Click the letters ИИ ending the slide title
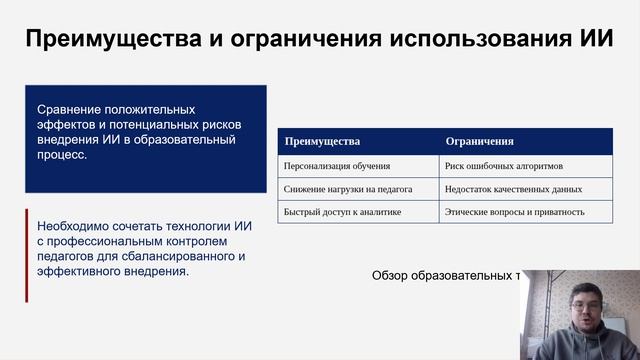pos(597,39)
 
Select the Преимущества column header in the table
pos(322,141)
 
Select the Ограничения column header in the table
pos(479,141)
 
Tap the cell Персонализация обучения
pos(337,165)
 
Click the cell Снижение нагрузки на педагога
pos(350,188)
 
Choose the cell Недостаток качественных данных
pos(514,188)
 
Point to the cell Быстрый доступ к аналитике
pos(342,211)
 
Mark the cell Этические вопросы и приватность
pos(515,211)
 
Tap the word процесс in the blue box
pos(62,156)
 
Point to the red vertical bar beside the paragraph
pos(27,255)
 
